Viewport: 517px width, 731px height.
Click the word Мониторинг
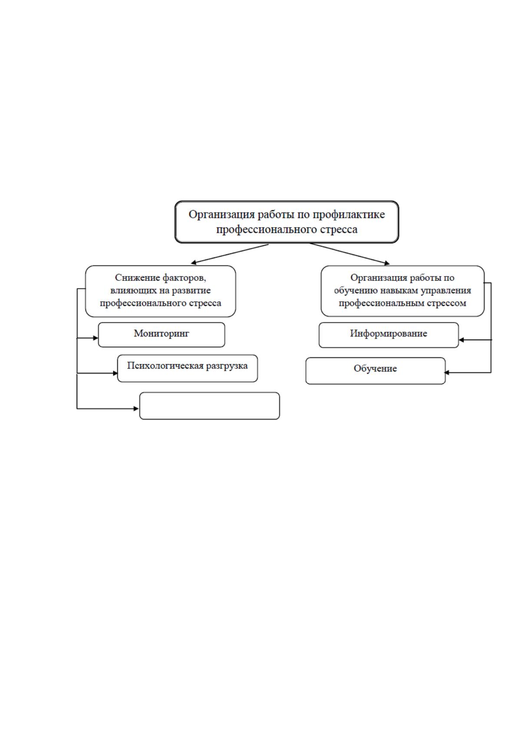161,333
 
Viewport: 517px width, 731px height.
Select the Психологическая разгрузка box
188,369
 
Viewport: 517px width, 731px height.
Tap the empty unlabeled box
210,405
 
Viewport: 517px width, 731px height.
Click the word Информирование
389,333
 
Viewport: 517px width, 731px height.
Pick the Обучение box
375,371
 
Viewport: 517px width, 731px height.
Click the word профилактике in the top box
349,215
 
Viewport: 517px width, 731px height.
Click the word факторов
184,278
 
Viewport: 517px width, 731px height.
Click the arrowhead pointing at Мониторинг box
95,338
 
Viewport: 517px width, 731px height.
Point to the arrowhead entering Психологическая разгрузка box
115,373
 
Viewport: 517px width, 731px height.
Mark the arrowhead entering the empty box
136,408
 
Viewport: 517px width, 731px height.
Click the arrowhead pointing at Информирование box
461,340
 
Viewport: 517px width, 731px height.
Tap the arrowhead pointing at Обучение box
447,372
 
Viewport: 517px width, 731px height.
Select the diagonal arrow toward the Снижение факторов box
230,254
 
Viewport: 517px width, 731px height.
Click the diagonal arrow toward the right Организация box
349,254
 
